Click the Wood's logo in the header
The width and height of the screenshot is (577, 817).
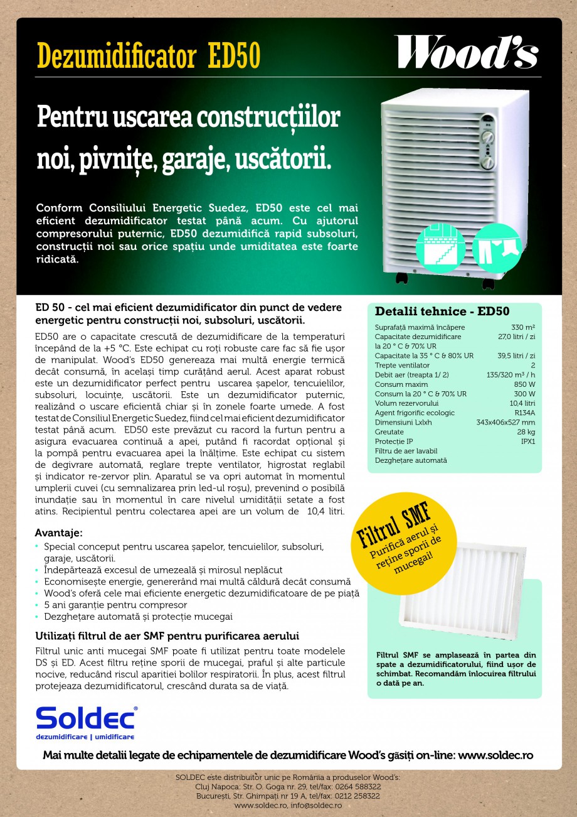tap(465, 52)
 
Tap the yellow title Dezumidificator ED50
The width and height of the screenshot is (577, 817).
tap(148, 56)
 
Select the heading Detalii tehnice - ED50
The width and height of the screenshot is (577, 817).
tap(442, 311)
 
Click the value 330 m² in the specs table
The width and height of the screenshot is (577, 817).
tap(523, 327)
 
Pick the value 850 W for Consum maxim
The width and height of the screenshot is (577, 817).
tap(524, 384)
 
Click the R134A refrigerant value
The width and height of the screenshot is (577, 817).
tap(524, 413)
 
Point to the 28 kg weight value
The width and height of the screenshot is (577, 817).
tap(526, 432)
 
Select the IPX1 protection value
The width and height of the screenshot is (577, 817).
tap(527, 441)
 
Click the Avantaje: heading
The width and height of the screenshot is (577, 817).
tap(59, 533)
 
